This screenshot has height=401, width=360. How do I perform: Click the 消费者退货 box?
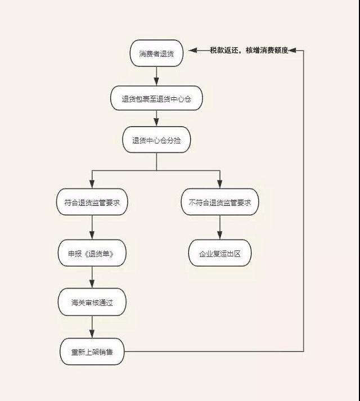click(156, 53)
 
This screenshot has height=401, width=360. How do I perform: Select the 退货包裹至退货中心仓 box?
click(156, 98)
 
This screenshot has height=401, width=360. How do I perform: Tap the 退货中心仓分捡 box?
click(156, 141)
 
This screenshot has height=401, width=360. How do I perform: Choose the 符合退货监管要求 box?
click(92, 202)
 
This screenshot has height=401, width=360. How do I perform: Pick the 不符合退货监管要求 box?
click(220, 202)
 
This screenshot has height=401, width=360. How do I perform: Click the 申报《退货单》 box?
click(92, 253)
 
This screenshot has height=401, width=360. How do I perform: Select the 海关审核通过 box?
click(92, 303)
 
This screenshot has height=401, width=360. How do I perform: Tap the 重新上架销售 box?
click(92, 352)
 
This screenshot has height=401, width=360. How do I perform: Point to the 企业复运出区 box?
click(220, 253)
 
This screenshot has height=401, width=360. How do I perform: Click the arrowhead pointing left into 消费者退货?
click(192, 51)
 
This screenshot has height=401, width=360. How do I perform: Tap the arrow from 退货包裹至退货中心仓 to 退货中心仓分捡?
click(156, 119)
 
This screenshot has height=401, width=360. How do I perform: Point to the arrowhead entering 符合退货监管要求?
click(92, 185)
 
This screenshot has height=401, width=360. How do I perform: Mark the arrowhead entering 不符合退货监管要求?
click(220, 185)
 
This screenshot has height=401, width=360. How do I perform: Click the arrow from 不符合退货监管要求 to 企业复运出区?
click(220, 228)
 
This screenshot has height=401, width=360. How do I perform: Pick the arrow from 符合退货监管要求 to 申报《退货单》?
click(92, 228)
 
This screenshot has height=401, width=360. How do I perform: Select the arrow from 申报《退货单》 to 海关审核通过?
click(92, 277)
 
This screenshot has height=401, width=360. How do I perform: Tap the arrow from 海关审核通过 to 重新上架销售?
click(92, 327)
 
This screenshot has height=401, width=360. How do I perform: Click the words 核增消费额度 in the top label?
click(267, 50)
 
